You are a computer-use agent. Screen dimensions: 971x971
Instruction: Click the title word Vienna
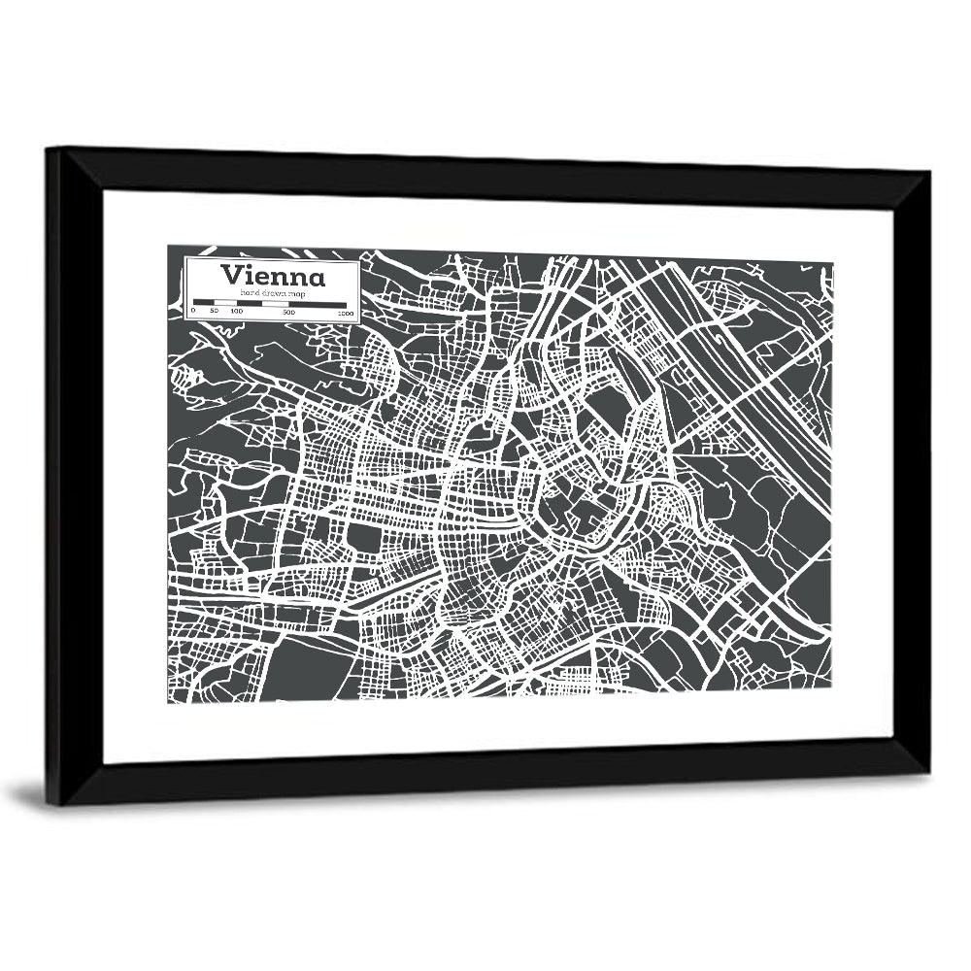tap(273, 275)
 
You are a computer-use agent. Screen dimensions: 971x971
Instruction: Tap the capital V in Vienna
tap(231, 275)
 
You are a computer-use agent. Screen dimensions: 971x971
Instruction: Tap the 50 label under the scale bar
tap(214, 312)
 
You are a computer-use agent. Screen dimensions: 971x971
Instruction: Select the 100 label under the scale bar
tap(236, 312)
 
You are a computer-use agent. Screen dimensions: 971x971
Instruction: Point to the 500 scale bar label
tap(289, 312)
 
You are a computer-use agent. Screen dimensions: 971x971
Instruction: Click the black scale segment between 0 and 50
tap(203, 303)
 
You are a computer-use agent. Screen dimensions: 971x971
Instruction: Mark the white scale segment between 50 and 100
tap(224, 303)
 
